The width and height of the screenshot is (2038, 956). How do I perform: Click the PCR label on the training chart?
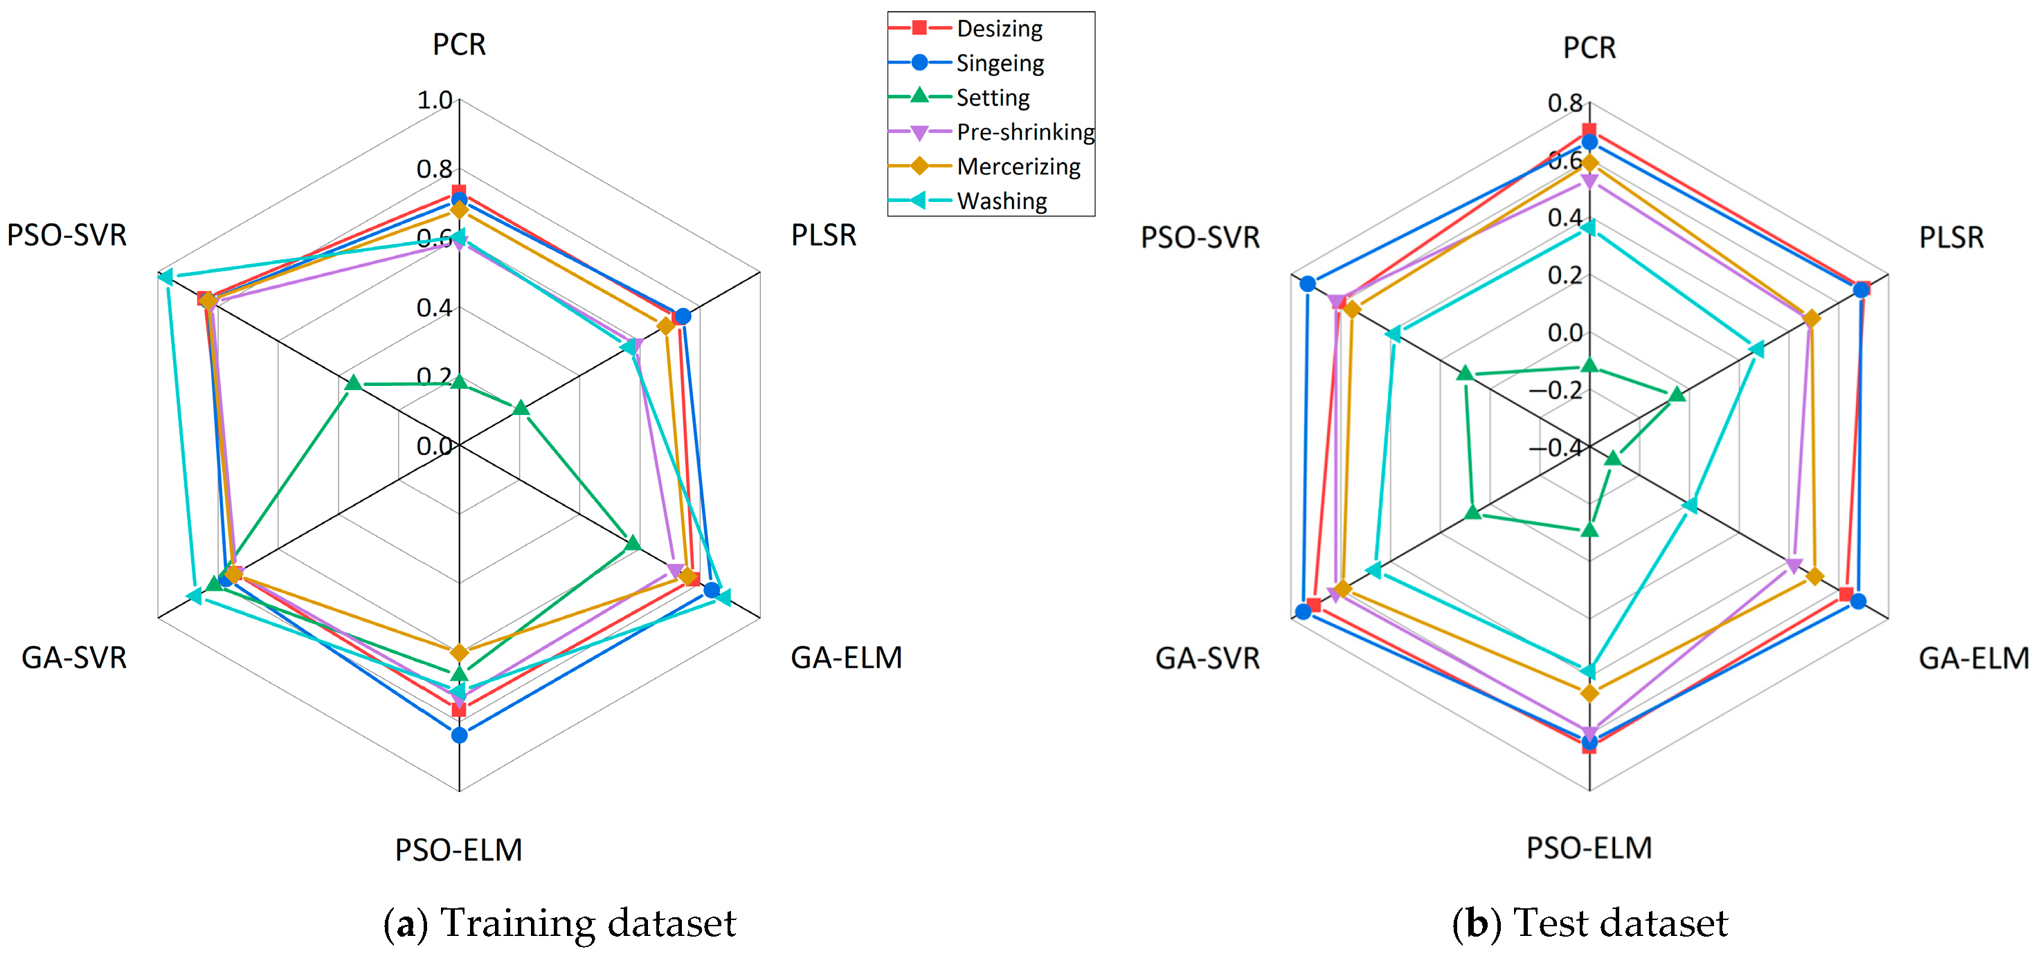(x=459, y=44)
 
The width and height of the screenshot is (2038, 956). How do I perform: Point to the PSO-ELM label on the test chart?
(x=1589, y=847)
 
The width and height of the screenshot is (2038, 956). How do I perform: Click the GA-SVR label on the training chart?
(x=73, y=657)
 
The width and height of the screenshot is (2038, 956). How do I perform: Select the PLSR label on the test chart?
(x=1951, y=237)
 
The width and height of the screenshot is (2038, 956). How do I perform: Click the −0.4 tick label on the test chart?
(x=1555, y=448)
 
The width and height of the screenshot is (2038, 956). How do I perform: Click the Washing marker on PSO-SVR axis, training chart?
(x=165, y=277)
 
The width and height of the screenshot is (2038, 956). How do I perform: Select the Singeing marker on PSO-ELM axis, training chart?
(x=459, y=735)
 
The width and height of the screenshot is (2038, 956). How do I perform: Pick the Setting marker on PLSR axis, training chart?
(x=521, y=408)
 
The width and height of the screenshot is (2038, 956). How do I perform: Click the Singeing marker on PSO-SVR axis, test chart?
(x=1308, y=284)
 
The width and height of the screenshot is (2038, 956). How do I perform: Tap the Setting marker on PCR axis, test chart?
(x=1589, y=365)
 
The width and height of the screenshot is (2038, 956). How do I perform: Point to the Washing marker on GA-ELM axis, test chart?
(x=1690, y=505)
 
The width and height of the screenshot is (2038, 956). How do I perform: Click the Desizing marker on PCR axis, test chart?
(x=1589, y=131)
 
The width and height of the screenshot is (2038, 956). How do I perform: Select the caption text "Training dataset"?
(x=588, y=923)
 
